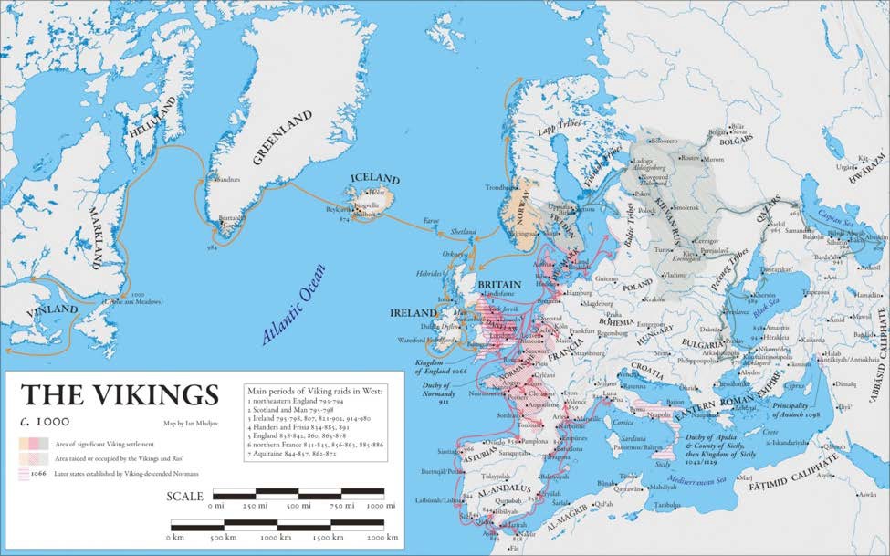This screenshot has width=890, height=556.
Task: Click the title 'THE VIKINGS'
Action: coord(120,394)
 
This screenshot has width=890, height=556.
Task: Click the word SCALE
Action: coord(184,495)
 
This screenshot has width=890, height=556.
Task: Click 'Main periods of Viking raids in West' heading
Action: coord(316,390)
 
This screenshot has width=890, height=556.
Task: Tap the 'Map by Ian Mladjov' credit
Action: coord(198,423)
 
